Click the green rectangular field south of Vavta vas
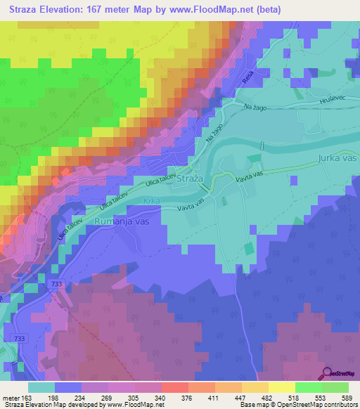point(250,249)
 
